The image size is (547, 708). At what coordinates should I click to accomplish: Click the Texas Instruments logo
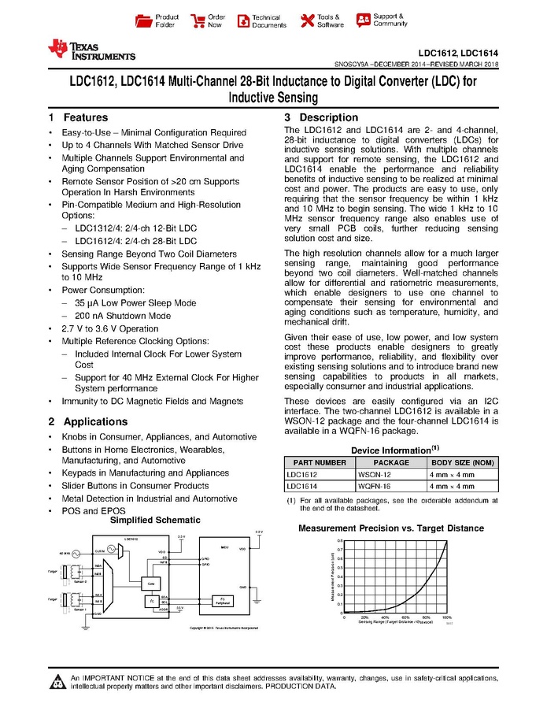coord(91,50)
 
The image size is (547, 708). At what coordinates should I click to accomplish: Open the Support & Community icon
coord(362,19)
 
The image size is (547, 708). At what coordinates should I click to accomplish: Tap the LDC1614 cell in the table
coord(305,486)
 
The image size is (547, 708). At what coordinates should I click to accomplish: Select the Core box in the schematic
coord(150,584)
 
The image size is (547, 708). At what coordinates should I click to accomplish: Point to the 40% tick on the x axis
coord(385,617)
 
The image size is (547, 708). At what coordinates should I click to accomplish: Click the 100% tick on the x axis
coord(446,617)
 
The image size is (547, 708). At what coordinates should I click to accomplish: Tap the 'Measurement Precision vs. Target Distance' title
coord(390,528)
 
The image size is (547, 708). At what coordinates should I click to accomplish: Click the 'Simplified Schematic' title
coord(154,521)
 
